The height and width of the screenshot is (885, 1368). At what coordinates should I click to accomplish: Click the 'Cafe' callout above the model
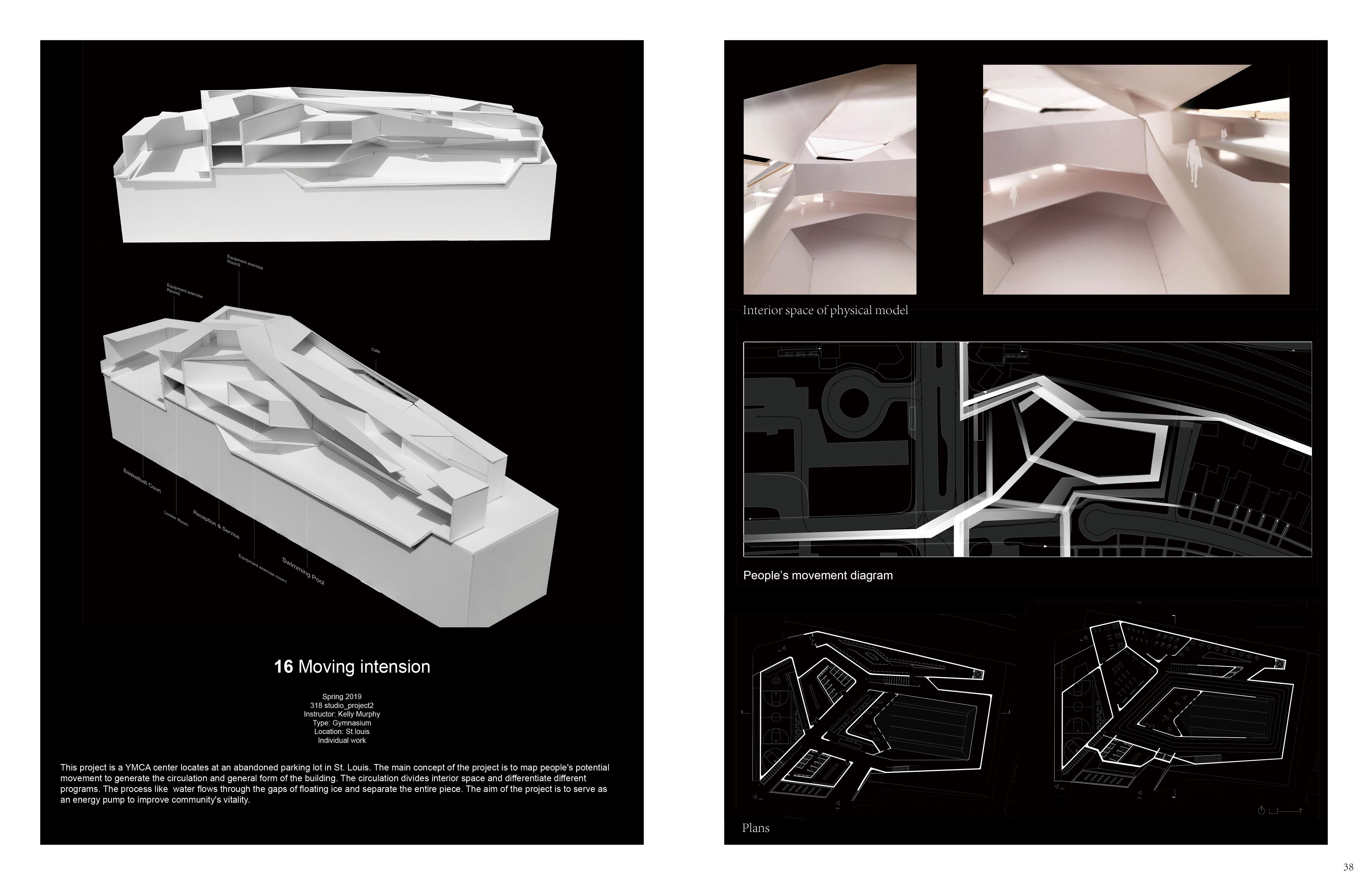tap(375, 351)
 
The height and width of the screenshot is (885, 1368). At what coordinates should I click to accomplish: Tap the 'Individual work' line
tap(342, 740)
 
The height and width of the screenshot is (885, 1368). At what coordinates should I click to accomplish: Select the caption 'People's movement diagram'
tap(818, 575)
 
